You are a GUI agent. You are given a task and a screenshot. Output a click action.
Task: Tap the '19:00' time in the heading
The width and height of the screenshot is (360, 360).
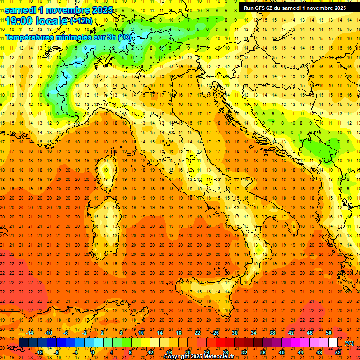[x=19, y=21]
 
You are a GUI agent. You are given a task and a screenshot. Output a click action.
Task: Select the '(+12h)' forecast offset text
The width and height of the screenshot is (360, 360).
[x=82, y=21]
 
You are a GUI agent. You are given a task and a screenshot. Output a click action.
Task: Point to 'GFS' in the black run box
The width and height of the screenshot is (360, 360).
[x=264, y=8]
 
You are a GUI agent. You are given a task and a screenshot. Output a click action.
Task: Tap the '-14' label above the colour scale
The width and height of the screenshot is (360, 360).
[x=30, y=333]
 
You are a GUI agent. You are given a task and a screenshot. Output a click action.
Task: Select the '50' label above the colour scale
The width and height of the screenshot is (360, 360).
[x=329, y=333]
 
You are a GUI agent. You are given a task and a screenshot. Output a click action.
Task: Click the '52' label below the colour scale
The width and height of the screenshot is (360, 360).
[x=338, y=352]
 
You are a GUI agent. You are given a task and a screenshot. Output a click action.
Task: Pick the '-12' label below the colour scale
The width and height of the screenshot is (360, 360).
[x=39, y=352]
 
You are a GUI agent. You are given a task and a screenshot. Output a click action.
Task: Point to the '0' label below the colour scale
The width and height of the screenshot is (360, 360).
[x=93, y=352]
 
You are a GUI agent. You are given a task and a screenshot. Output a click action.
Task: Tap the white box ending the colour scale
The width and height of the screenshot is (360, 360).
[x=333, y=343]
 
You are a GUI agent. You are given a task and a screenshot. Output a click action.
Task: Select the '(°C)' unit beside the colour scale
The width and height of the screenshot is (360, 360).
[x=349, y=343]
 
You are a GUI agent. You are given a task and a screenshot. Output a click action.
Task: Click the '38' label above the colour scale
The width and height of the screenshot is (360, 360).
[x=272, y=333]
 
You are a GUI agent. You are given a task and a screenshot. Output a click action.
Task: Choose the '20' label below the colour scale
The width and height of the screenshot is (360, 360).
[x=188, y=352]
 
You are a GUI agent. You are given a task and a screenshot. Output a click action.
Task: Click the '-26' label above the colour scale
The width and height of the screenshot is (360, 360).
[x=215, y=333]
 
